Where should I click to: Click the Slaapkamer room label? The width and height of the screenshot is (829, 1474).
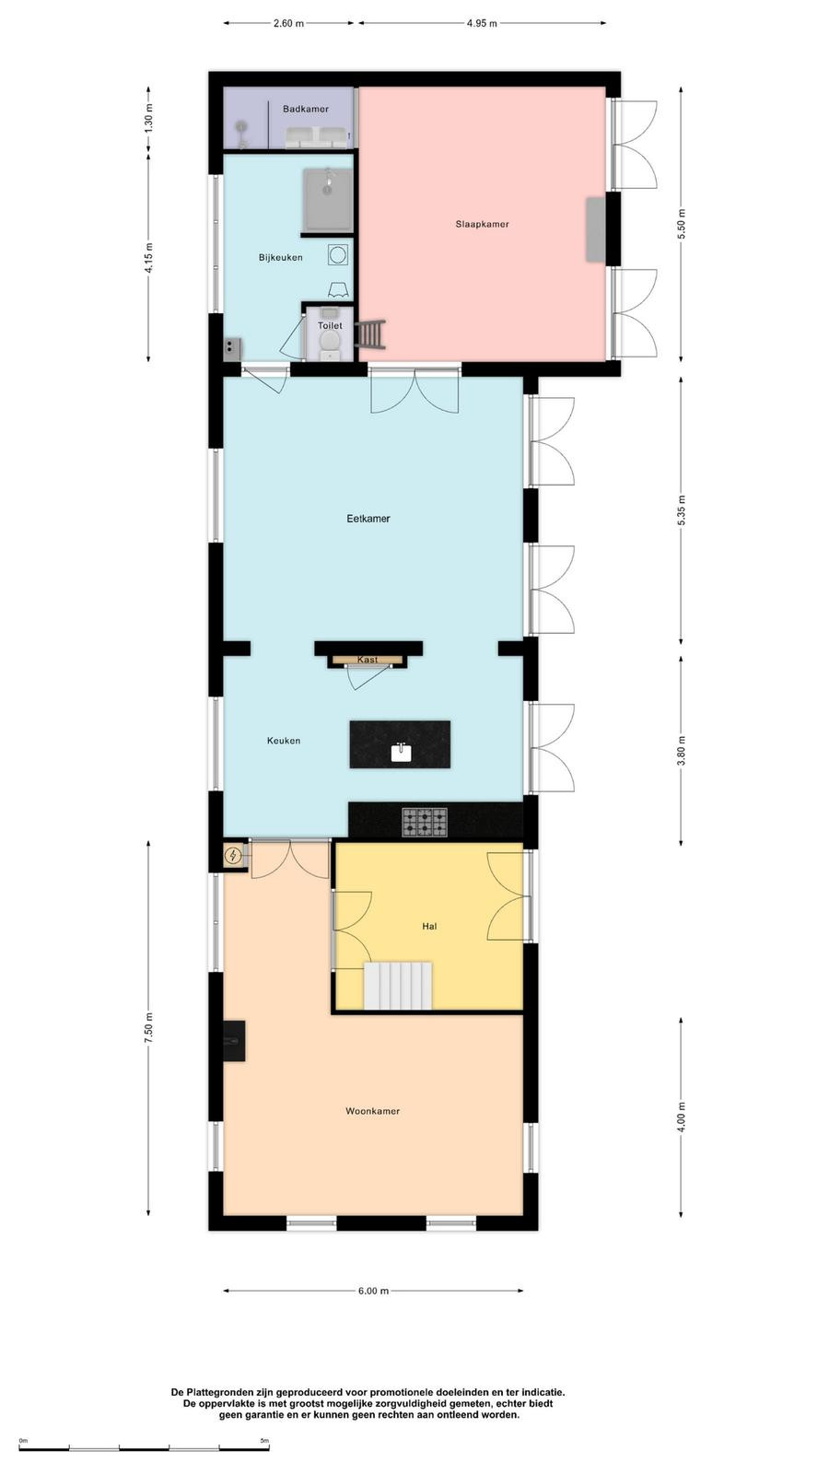[483, 225]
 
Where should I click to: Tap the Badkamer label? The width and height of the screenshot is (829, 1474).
[306, 110]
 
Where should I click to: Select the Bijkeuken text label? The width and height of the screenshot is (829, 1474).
[281, 258]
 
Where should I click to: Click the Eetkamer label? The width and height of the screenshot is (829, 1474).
[368, 519]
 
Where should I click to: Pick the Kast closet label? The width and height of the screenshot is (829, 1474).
[368, 660]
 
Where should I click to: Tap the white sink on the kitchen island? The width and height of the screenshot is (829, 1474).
[401, 752]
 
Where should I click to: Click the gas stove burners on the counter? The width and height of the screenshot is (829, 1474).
[425, 822]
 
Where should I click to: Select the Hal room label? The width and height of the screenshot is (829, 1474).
[429, 927]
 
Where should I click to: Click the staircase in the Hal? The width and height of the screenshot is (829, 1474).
[398, 986]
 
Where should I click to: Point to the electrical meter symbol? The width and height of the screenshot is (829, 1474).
[232, 856]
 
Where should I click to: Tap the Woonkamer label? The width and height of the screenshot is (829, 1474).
[372, 1111]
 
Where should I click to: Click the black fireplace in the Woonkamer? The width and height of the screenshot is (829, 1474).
[234, 1040]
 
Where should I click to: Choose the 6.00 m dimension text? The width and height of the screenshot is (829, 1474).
[374, 1291]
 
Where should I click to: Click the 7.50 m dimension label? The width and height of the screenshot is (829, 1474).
[148, 1028]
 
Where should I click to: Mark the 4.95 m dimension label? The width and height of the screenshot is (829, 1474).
[483, 24]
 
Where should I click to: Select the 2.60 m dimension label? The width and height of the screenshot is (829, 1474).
[289, 24]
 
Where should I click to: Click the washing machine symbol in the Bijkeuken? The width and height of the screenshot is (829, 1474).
[338, 254]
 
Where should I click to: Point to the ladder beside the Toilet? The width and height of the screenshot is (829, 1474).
[370, 334]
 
